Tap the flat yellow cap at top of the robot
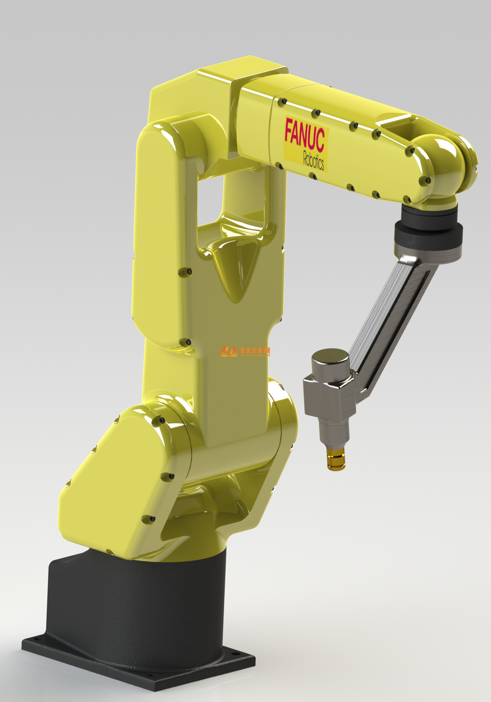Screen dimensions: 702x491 click(x=242, y=70)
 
